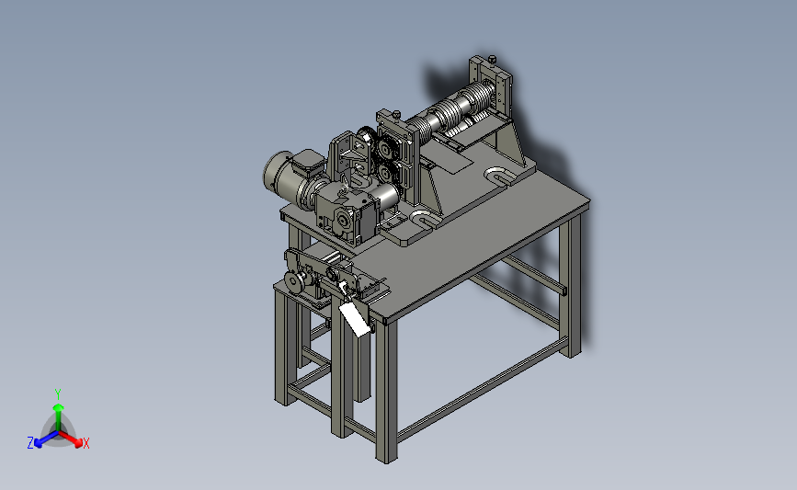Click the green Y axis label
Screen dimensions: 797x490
tap(57, 394)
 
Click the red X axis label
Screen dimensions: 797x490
tap(85, 443)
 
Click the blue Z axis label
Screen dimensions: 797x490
tap(30, 443)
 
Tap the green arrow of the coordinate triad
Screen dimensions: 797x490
tap(58, 417)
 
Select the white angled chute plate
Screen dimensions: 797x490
tap(354, 318)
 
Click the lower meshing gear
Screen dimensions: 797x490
tap(386, 173)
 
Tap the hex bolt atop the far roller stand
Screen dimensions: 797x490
tap(492, 60)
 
